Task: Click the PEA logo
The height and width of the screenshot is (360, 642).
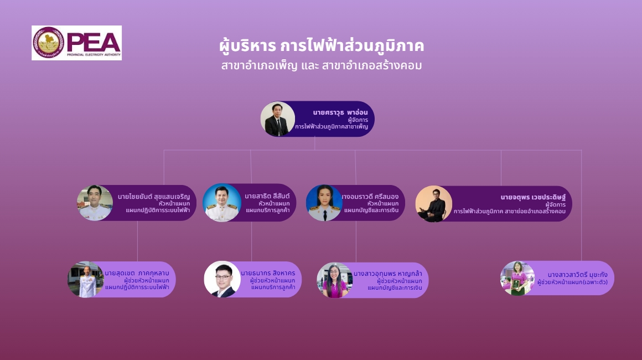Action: coord(76,43)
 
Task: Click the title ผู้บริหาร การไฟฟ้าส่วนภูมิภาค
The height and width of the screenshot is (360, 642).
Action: coord(322,45)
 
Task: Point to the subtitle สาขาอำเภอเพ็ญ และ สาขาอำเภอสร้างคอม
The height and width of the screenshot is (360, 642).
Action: coord(322,65)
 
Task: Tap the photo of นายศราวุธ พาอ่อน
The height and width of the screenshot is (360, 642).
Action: coord(278,119)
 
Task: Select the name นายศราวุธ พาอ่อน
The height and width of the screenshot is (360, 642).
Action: coord(340,112)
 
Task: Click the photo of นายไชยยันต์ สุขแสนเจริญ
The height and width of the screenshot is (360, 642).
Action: coord(95,203)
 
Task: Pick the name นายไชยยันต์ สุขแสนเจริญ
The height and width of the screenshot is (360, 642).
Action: coord(153,197)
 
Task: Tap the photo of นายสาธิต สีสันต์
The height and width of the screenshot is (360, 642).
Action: coord(222,203)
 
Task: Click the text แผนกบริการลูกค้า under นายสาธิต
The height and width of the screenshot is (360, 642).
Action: coord(268,210)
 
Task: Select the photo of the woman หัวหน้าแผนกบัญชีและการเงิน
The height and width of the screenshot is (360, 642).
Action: coord(324,203)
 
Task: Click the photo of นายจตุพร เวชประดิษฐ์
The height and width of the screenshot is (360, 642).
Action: coord(433,204)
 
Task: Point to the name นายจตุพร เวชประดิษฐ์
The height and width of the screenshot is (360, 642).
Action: coord(533,197)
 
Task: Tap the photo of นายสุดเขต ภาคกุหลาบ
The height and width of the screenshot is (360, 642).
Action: coord(86,279)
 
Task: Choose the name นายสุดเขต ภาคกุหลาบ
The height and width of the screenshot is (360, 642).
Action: coord(137,273)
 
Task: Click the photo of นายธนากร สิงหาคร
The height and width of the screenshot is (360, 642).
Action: coord(222,279)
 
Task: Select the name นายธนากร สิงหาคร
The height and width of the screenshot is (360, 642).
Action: coord(268,273)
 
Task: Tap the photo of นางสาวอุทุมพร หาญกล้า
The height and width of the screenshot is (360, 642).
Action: coord(335,280)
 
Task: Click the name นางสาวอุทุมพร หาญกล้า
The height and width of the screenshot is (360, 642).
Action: coord(388,274)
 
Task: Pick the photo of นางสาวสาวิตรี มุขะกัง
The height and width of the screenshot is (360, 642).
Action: coord(517,279)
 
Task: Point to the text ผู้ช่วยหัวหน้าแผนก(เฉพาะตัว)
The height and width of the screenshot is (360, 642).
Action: coord(572,282)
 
